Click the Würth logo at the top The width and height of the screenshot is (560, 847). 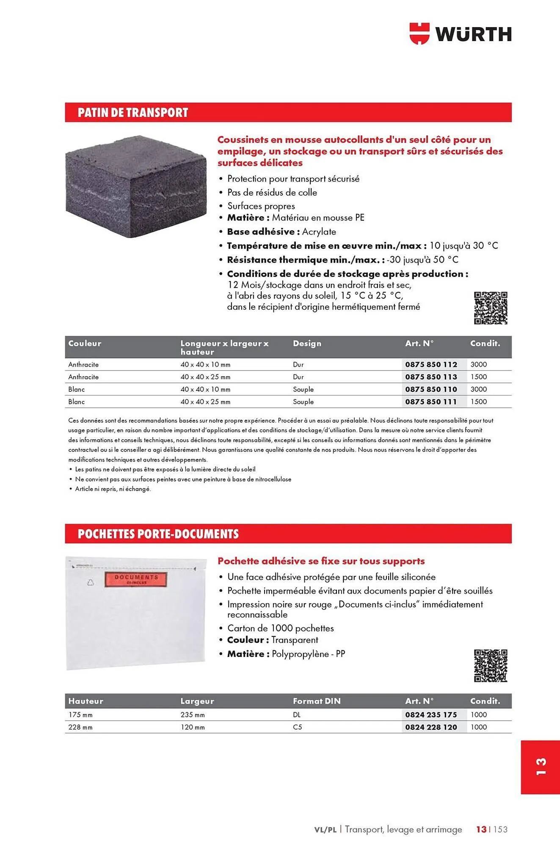tap(461, 33)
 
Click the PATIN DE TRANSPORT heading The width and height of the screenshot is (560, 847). tap(133, 113)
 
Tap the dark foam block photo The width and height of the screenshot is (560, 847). tap(136, 186)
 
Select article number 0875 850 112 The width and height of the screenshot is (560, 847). tap(431, 364)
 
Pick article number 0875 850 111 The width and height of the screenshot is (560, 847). tap(431, 401)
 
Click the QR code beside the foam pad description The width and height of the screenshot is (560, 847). tap(491, 308)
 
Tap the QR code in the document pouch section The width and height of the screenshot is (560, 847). tap(491, 666)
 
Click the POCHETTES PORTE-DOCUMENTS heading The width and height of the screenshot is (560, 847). tap(158, 534)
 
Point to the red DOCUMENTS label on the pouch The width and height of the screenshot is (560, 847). tap(136, 579)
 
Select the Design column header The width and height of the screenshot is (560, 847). tap(307, 343)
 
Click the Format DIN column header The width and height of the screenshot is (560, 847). tap(317, 701)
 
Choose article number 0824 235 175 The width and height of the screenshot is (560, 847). tap(431, 715)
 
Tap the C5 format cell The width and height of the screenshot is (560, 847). tap(297, 727)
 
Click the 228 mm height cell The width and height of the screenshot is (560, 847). tap(80, 727)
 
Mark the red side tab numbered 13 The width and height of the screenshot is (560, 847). tap(541, 767)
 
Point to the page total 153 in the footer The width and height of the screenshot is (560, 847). tap(500, 829)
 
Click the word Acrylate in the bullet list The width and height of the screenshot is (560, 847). tap(319, 232)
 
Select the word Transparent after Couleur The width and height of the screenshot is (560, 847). tap(295, 640)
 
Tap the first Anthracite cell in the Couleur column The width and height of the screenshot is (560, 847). tap(83, 364)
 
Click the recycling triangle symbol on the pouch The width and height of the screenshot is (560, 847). tap(90, 583)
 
